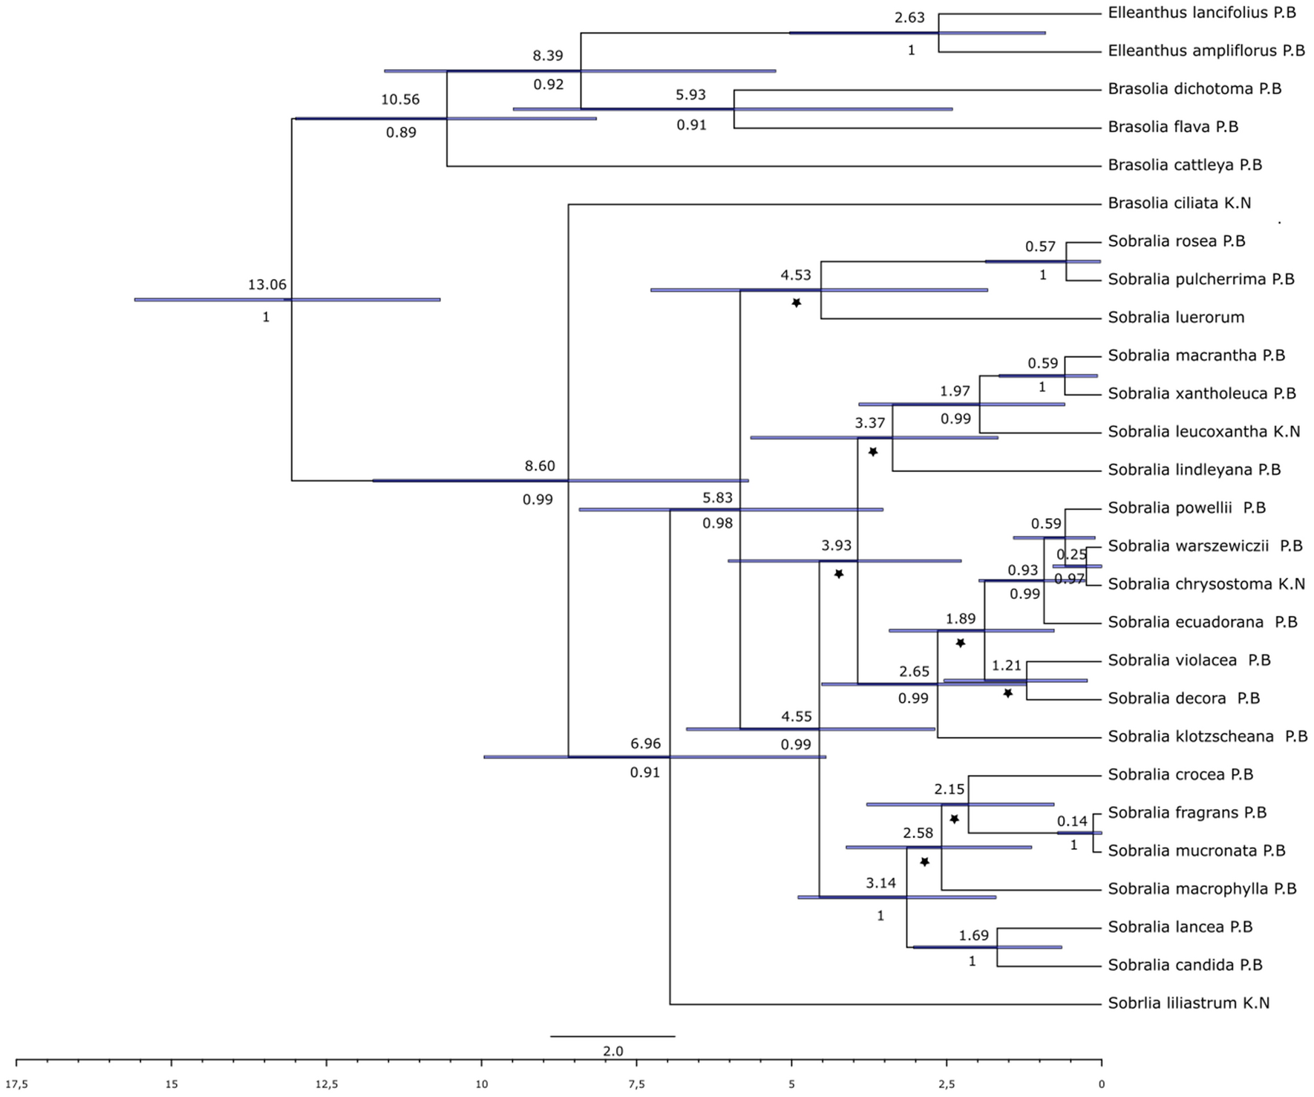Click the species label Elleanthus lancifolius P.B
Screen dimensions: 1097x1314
pyautogui.click(x=1202, y=13)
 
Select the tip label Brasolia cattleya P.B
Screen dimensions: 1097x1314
pyautogui.click(x=1185, y=165)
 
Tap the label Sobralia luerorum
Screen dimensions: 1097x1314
pyautogui.click(x=1176, y=318)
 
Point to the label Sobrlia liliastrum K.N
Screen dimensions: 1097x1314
pyautogui.click(x=1189, y=1003)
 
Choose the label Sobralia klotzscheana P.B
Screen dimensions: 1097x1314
pyautogui.click(x=1208, y=736)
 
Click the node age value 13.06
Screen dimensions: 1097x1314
pyautogui.click(x=267, y=284)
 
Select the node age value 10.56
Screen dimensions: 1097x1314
pyautogui.click(x=400, y=99)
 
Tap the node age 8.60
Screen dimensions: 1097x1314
pyautogui.click(x=540, y=466)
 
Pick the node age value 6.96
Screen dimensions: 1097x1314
pyautogui.click(x=645, y=744)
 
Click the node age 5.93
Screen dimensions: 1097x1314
pyautogui.click(x=690, y=95)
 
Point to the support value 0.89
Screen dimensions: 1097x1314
pyautogui.click(x=401, y=133)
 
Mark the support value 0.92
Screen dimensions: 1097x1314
pyautogui.click(x=549, y=85)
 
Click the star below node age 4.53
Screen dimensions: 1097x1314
pyautogui.click(x=796, y=303)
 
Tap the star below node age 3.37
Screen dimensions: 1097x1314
pyautogui.click(x=873, y=451)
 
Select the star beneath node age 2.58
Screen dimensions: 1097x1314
pyautogui.click(x=924, y=862)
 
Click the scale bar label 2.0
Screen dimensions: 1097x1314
pyautogui.click(x=613, y=1051)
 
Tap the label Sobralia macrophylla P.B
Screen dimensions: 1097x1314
pyautogui.click(x=1202, y=889)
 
